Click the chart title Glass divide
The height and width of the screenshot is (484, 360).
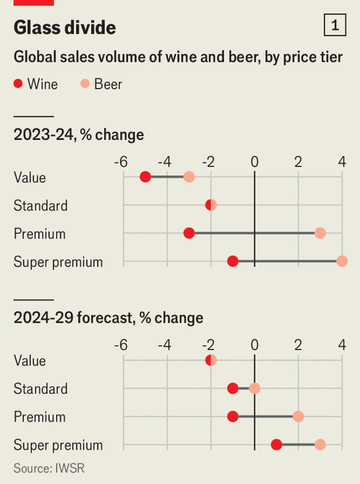point(65,28)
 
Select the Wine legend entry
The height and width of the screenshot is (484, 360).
point(36,84)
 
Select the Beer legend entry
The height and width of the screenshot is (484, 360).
point(101,84)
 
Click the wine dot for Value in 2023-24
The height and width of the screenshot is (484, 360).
point(145,177)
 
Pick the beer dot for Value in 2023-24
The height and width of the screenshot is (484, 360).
point(189,177)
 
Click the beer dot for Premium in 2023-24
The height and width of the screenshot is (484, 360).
point(320,233)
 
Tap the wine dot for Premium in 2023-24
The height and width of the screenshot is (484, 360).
point(189,233)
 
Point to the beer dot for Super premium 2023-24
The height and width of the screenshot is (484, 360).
point(342,261)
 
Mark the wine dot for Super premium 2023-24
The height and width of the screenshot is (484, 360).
point(233,261)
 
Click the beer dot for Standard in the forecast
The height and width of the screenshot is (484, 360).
point(254,389)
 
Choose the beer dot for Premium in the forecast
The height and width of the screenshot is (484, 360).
point(298,417)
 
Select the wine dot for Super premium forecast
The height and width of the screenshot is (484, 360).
point(277,445)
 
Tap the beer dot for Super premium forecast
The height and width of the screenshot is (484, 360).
point(320,445)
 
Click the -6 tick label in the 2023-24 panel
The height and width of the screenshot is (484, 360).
point(121,162)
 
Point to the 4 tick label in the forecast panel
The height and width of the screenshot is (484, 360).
point(342,345)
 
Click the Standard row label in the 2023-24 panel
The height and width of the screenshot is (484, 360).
point(40,206)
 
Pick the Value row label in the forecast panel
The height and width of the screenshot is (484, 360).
point(29,361)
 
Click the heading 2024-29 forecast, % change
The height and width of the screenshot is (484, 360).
point(108,317)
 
